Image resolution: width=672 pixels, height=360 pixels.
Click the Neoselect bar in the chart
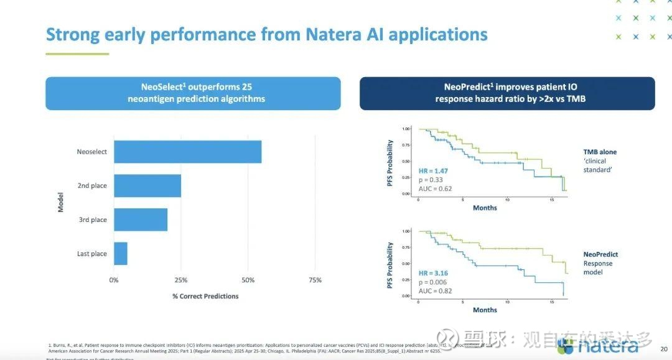click(x=187, y=152)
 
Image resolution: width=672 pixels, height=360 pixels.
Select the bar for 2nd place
click(x=147, y=186)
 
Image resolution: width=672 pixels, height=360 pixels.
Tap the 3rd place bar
click(x=141, y=219)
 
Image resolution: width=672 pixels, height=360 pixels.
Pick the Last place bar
click(x=121, y=254)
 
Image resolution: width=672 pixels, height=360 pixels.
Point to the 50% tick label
click(x=248, y=280)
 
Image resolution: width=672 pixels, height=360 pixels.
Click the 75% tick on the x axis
click(x=315, y=280)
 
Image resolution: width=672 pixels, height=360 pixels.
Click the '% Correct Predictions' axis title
click(x=205, y=296)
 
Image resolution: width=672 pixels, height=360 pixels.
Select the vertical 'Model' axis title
click(x=61, y=202)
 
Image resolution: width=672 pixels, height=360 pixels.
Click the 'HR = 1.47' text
click(x=433, y=171)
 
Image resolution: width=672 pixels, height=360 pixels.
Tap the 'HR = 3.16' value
click(x=433, y=273)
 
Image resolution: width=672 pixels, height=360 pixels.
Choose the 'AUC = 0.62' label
click(x=435, y=188)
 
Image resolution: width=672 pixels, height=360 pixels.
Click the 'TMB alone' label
click(x=600, y=152)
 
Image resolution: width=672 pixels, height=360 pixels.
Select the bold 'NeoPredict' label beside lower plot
click(x=600, y=254)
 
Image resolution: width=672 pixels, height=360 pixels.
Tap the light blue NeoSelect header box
click(x=193, y=93)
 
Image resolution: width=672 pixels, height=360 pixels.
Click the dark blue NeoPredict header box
click(x=507, y=93)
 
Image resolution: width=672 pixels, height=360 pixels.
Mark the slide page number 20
click(x=663, y=349)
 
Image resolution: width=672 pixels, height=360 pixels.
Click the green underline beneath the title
click(x=77, y=54)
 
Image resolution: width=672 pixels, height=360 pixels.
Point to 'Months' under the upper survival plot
click(x=485, y=208)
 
